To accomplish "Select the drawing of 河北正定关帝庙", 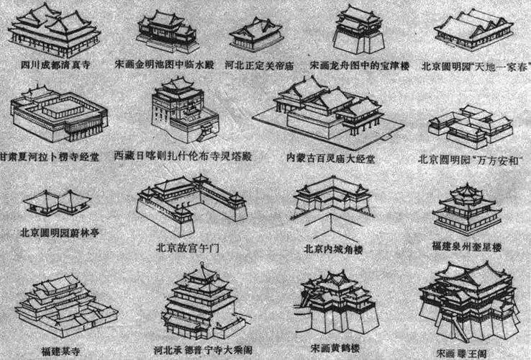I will (255, 36).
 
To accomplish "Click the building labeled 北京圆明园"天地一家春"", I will (473, 31).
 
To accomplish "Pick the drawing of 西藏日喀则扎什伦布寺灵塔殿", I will (179, 112).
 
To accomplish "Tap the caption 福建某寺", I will (60, 351).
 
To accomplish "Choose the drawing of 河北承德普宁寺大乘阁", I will (200, 302).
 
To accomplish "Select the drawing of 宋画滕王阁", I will (468, 302).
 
